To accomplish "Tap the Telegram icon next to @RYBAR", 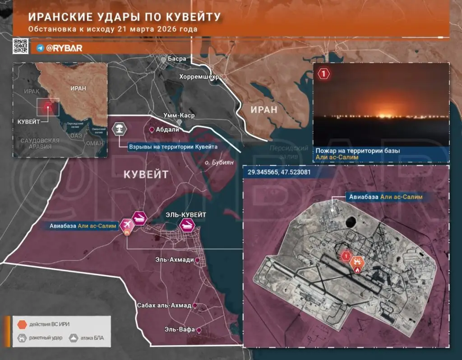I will [x=40, y=47].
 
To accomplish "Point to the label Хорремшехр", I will [x=199, y=77].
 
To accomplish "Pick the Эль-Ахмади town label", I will [x=175, y=260].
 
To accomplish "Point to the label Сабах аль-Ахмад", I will [x=164, y=305].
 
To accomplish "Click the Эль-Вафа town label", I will [x=180, y=330].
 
